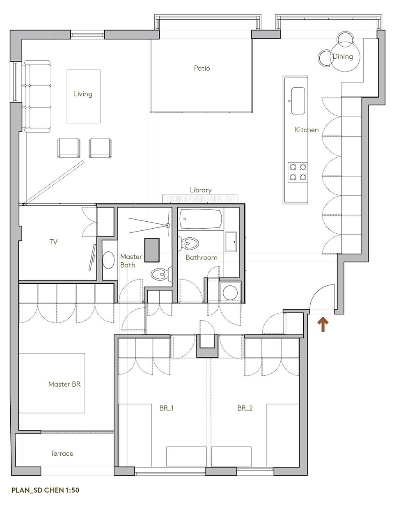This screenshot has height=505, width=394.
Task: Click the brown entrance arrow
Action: coord(323,324)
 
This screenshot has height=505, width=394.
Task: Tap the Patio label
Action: coord(202,68)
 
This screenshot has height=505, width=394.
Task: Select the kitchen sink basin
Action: coord(298,101)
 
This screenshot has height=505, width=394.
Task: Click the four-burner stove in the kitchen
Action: coord(298,172)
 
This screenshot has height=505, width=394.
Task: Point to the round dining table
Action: coord(345,57)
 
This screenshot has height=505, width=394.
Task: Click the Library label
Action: coord(201,190)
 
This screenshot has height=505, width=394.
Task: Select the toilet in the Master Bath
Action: coord(161,274)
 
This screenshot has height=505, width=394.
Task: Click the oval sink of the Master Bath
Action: coord(108,260)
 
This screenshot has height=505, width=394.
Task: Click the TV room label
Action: coord(53,242)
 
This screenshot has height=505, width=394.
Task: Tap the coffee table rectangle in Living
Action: coord(84,96)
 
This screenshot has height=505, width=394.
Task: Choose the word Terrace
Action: coord(62,453)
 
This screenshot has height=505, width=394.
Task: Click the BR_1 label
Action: coord(167,409)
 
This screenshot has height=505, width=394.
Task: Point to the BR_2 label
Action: coord(245,409)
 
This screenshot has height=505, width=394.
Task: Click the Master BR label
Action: coord(64,384)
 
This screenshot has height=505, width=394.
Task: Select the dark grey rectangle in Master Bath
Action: coord(152,250)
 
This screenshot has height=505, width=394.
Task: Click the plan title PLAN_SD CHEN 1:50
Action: coord(45,490)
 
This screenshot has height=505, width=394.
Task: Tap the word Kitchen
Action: coord(307,130)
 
